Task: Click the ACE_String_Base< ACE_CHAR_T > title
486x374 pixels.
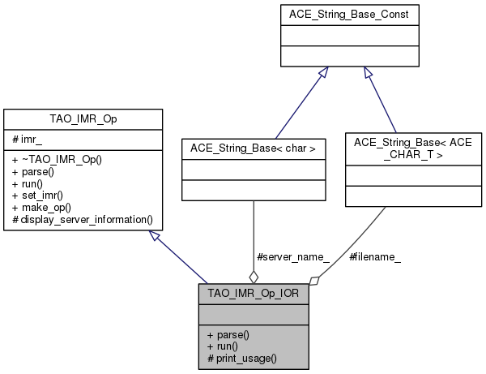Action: pos(396,147)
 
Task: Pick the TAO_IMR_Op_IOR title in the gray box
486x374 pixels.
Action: pos(254,293)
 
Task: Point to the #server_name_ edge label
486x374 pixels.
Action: pos(292,257)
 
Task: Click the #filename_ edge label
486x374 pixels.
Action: pos(375,257)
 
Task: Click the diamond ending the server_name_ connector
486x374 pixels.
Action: pos(254,277)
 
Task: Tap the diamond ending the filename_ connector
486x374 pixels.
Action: pos(314,280)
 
